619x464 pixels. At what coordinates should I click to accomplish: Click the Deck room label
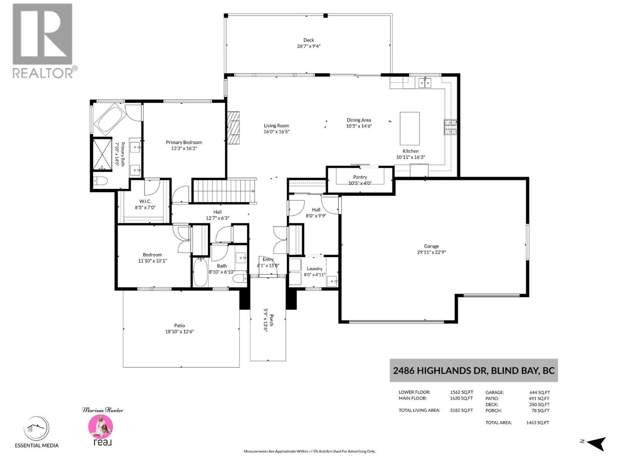[308, 40]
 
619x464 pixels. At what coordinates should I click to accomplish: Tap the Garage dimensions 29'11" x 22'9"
[431, 252]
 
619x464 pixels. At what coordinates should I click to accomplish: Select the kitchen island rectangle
[409, 128]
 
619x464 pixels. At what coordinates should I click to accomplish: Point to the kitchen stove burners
[450, 127]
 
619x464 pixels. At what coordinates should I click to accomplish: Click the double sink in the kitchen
[425, 83]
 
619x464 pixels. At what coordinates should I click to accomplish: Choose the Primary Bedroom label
[184, 142]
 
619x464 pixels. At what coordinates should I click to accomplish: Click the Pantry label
[360, 177]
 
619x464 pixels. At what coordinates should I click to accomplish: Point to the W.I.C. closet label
[145, 201]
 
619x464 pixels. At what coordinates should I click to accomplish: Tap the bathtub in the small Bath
[200, 272]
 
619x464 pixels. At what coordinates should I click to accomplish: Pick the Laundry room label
[315, 269]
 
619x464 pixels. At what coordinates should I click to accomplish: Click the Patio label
[180, 326]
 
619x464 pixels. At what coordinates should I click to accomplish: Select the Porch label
[272, 320]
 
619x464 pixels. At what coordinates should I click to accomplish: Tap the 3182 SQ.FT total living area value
[462, 410]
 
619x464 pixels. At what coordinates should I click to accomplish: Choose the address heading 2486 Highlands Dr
[441, 371]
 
